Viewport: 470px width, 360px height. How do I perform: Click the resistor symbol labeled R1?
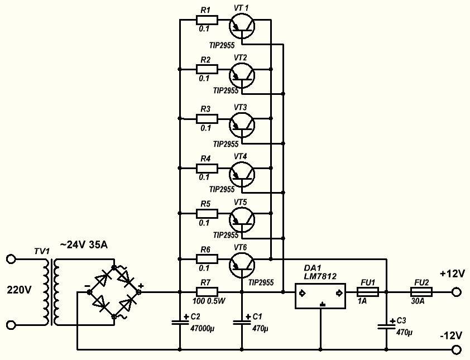[207, 20]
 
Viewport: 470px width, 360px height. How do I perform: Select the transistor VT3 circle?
[242, 124]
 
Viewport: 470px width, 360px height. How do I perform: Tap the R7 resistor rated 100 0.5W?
[207, 292]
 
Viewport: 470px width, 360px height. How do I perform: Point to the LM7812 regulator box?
[320, 296]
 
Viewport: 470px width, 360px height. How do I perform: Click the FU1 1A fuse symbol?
[367, 292]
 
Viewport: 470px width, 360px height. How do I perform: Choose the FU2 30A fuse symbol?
[421, 292]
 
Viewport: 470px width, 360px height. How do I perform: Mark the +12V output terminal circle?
[456, 292]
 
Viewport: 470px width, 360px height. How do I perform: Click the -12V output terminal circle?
[456, 349]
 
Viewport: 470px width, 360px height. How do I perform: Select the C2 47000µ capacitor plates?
[180, 323]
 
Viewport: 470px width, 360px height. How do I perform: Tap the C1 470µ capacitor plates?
[242, 323]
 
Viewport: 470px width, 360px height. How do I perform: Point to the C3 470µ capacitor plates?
[386, 326]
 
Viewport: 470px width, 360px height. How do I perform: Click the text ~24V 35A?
[84, 245]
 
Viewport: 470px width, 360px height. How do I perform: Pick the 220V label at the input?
[19, 290]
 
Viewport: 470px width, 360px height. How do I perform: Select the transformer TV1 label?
[42, 251]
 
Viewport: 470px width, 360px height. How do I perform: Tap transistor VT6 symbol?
[242, 265]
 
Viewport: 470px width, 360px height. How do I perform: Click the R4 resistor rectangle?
[207, 168]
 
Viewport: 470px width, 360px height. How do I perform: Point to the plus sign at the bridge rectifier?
[141, 285]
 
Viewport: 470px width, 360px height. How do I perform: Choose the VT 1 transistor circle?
[242, 26]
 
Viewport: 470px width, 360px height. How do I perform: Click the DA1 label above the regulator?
[312, 268]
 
